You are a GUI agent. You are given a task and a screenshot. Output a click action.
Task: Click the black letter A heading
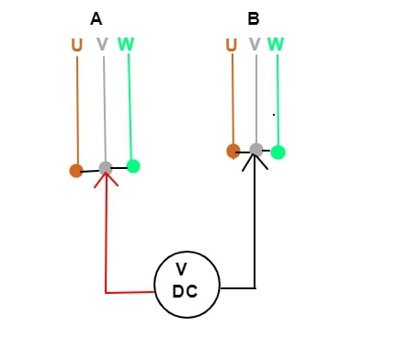[x=96, y=19]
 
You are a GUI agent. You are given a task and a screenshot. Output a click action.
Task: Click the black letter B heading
[x=254, y=18]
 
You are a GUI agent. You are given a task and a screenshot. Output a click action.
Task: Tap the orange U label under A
[x=77, y=45]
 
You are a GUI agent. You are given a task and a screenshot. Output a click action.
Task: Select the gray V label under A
[x=102, y=44]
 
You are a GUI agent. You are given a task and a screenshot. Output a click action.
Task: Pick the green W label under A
[x=126, y=44]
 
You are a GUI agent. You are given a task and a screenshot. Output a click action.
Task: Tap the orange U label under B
[x=232, y=45]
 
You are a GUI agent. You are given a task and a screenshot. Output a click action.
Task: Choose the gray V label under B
[x=255, y=44]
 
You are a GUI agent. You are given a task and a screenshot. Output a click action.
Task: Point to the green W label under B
[x=276, y=44]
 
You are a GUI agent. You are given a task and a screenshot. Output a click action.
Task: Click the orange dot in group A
[x=76, y=171]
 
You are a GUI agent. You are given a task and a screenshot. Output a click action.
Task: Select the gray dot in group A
[x=106, y=168]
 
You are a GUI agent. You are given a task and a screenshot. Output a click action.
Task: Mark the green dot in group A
[x=133, y=166]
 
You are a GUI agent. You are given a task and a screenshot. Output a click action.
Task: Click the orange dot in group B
[x=233, y=151]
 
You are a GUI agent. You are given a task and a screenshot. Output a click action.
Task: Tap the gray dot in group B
[x=256, y=150]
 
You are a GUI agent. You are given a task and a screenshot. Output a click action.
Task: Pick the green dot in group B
[x=278, y=152]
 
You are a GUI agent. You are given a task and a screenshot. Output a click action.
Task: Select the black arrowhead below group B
[x=255, y=163]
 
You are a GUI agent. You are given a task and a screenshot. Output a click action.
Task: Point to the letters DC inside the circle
[x=185, y=291]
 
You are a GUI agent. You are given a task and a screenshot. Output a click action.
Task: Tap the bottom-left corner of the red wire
[x=106, y=293]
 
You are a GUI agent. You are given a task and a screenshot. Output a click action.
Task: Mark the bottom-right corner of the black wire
[x=255, y=288]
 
